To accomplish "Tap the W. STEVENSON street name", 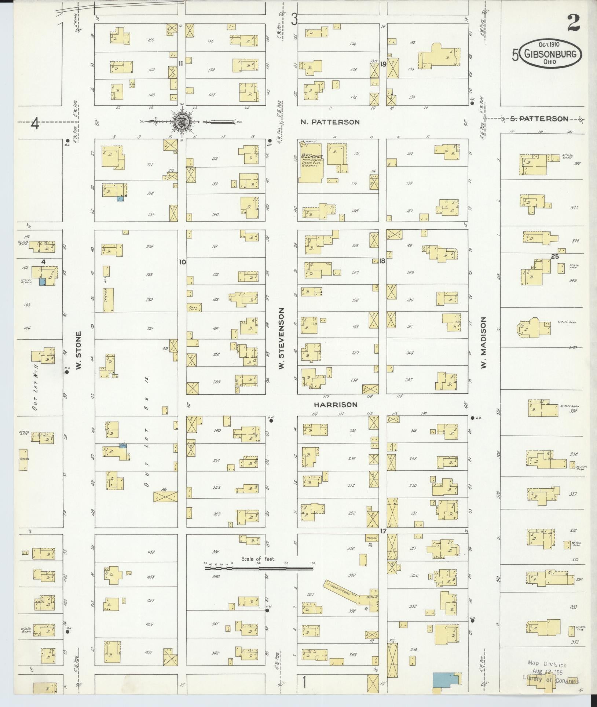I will pyautogui.click(x=282, y=338).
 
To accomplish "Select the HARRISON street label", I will pyautogui.click(x=335, y=405).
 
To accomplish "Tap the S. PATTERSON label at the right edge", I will pyautogui.click(x=539, y=119).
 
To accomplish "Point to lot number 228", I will pyautogui.click(x=149, y=247).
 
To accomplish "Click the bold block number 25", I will pyautogui.click(x=555, y=256).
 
